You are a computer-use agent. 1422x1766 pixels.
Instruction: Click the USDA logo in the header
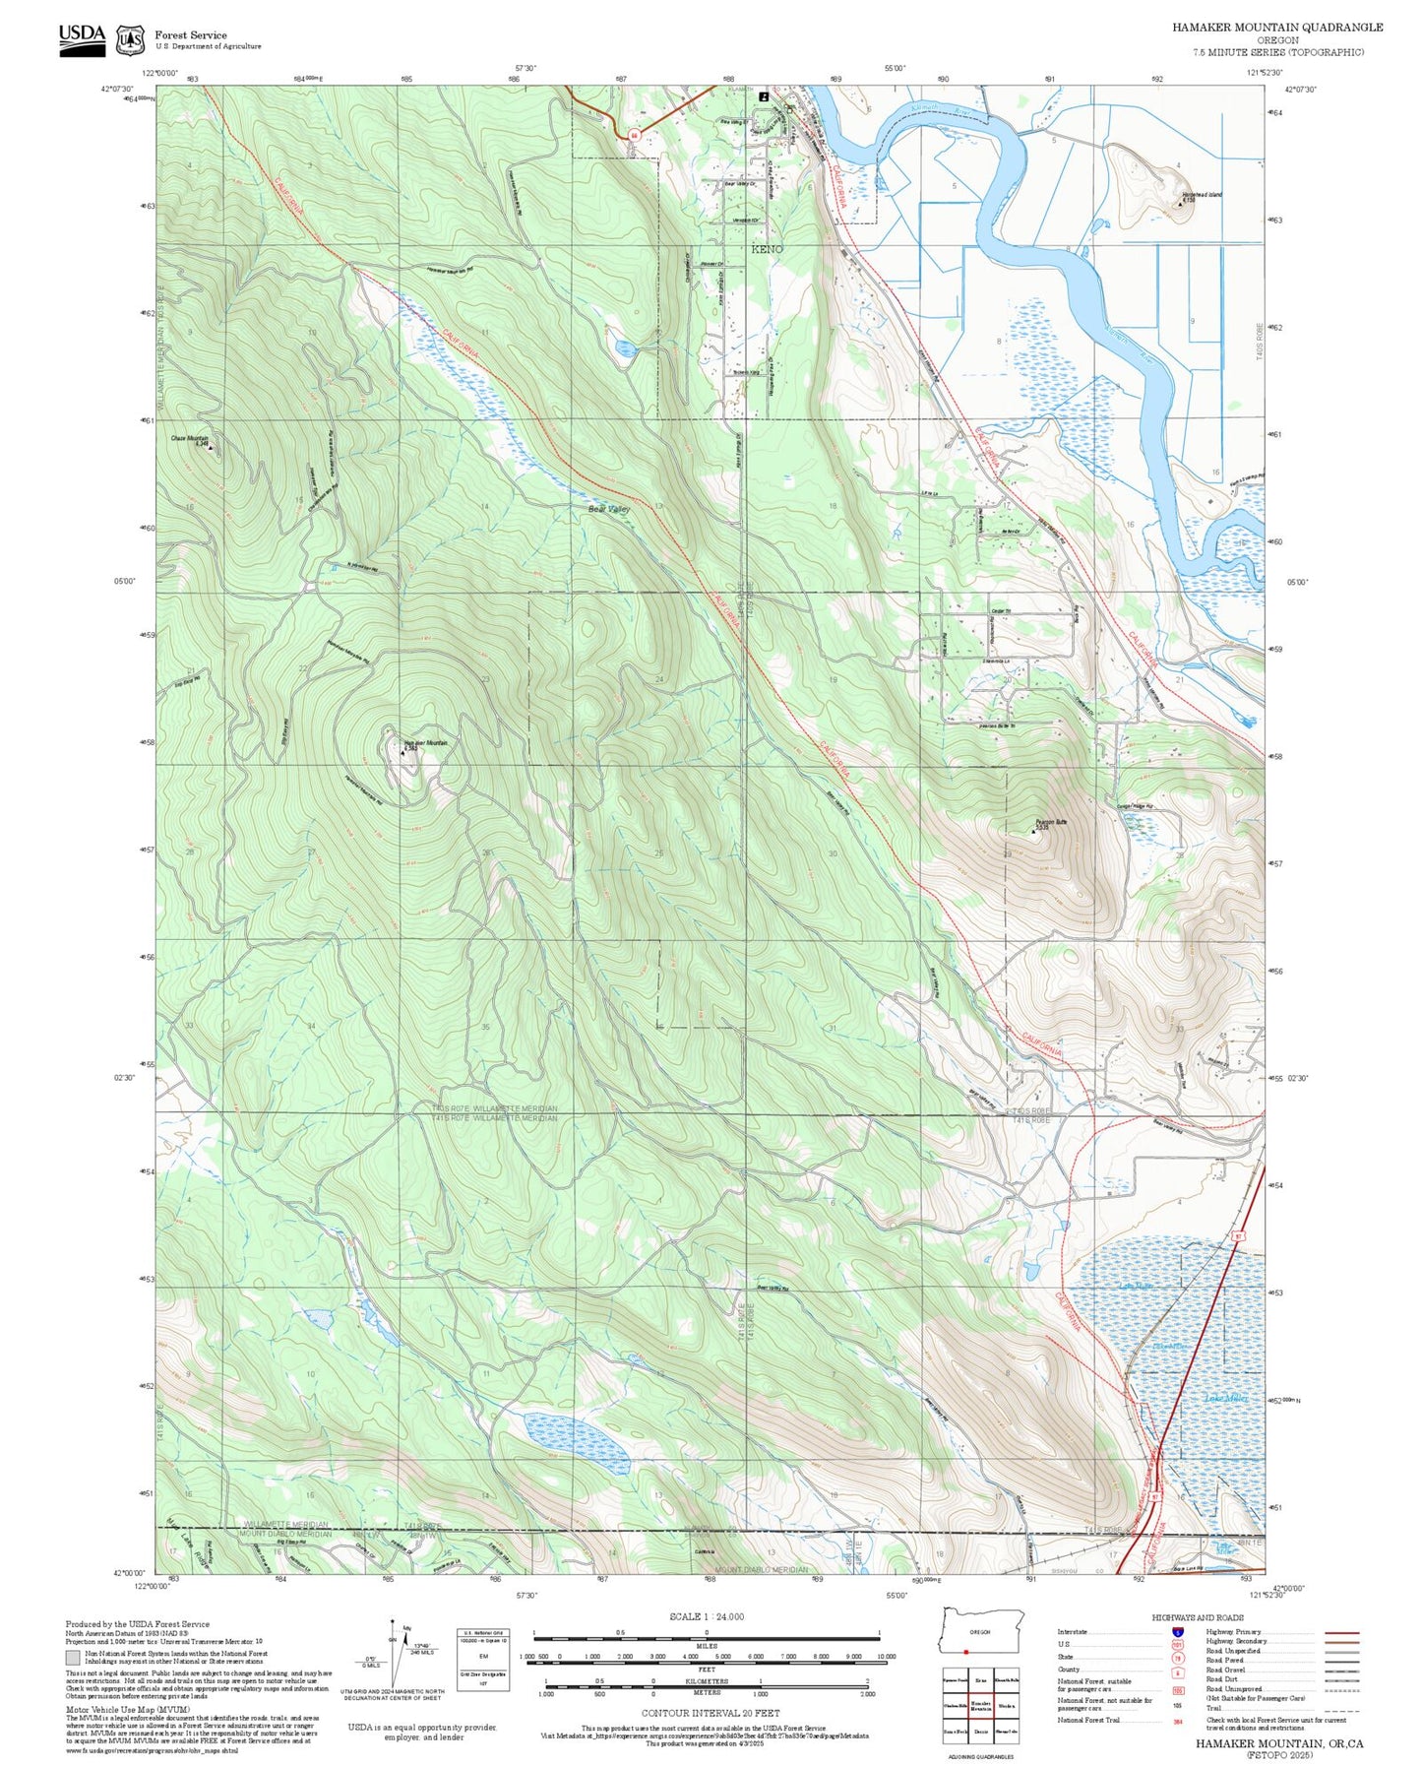[x=81, y=38]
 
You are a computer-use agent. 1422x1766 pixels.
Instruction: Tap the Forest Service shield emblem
[x=130, y=40]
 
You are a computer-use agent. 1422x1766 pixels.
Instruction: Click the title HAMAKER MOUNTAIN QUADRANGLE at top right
[x=1276, y=28]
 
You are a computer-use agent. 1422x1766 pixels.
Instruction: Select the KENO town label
[x=767, y=250]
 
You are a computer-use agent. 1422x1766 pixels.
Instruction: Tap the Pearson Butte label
[x=1050, y=822]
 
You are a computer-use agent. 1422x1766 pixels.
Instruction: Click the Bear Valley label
[x=608, y=510]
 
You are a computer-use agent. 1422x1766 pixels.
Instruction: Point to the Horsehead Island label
[x=1202, y=195]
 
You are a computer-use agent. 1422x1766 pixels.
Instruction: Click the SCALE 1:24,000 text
[x=706, y=1616]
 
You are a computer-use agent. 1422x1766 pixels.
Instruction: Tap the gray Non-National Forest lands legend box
[x=73, y=1658]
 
